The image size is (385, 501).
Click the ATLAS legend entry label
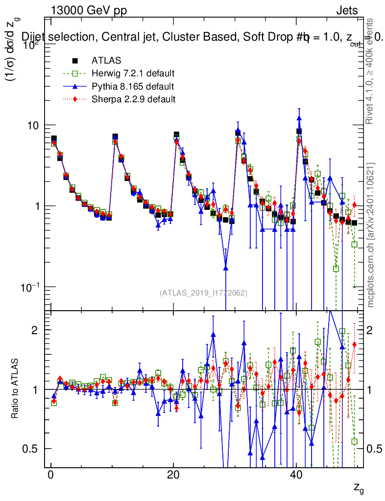(106, 61)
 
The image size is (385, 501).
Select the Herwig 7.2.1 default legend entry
(133, 74)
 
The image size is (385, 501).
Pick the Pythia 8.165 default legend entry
(132, 87)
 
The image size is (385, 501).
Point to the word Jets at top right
(347, 10)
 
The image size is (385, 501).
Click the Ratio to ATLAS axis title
(15, 389)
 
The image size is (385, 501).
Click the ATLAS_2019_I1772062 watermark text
(203, 293)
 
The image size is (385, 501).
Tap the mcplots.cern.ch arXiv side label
(371, 235)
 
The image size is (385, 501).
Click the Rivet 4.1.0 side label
(371, 71)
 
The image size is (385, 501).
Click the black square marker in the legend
(75, 61)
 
